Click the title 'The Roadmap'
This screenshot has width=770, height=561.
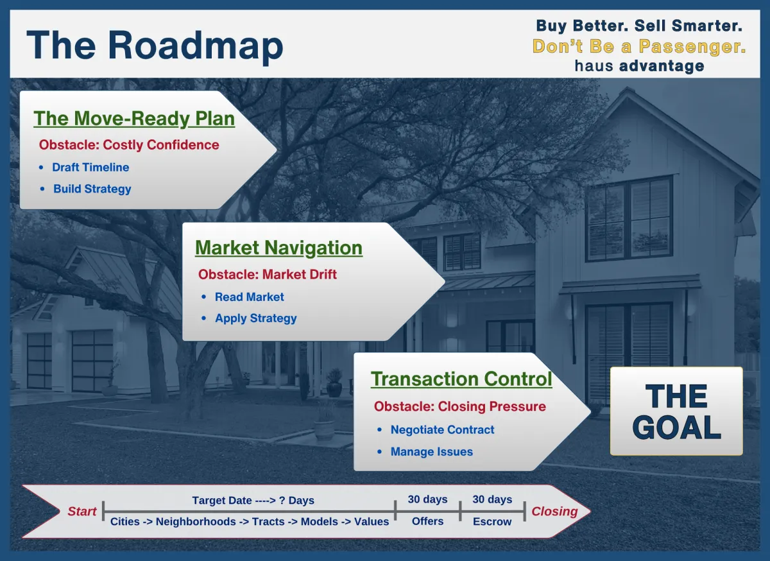(x=155, y=46)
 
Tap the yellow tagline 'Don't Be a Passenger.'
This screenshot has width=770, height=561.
(x=639, y=46)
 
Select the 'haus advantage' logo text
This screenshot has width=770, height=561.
(x=639, y=66)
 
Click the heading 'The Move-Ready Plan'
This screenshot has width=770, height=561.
(x=134, y=119)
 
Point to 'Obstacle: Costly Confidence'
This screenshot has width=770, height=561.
(x=129, y=145)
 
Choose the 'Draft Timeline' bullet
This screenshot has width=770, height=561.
(x=90, y=167)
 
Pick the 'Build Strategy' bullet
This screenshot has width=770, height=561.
(x=92, y=189)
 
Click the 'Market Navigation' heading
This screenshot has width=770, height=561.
(x=278, y=248)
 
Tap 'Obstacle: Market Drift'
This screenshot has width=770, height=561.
(x=268, y=275)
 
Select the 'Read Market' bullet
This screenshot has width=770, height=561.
(x=249, y=297)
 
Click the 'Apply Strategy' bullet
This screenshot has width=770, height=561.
(x=256, y=318)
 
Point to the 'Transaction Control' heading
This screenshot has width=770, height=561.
(x=461, y=379)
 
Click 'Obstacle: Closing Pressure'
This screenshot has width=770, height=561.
(x=460, y=406)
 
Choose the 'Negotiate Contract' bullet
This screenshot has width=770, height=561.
(x=442, y=430)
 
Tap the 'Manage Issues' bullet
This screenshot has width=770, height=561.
(x=432, y=452)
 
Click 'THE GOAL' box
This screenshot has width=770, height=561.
(x=676, y=411)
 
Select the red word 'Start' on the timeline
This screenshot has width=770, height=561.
(x=82, y=512)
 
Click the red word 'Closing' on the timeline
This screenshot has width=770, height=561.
(x=554, y=512)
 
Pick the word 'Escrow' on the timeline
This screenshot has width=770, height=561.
(x=492, y=521)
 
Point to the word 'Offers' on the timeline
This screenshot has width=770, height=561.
(x=427, y=521)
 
